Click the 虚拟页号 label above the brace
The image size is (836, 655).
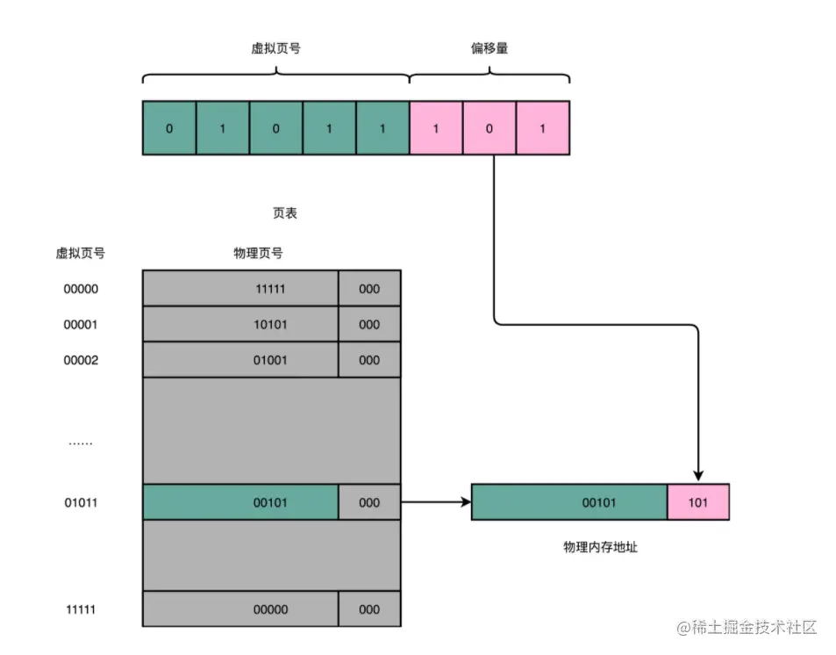tap(275, 48)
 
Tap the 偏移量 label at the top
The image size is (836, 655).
tap(489, 48)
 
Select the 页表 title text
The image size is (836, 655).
tap(285, 213)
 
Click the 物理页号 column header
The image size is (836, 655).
tap(258, 253)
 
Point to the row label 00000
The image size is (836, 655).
tap(81, 288)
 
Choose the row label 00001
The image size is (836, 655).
tap(81, 324)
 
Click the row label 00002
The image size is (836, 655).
tap(81, 360)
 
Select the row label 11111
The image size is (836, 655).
tap(81, 608)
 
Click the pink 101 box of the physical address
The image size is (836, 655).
tap(698, 503)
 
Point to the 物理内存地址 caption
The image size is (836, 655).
tap(601, 546)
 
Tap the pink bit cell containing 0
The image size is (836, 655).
tap(489, 128)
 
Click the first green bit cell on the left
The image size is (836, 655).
tap(169, 128)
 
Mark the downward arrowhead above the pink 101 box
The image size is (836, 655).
tap(698, 473)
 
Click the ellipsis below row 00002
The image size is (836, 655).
tap(81, 443)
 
